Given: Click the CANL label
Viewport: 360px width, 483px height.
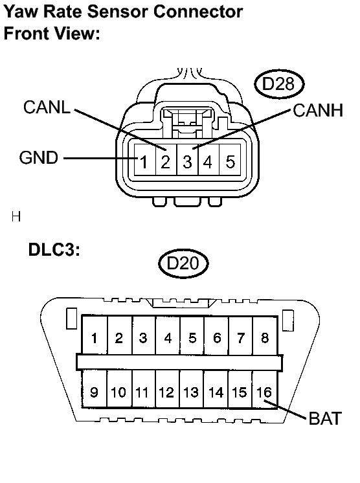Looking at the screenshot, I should point(47,107).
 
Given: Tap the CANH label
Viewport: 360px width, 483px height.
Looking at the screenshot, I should point(317,110).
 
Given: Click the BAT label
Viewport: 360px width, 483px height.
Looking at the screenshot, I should point(325,418).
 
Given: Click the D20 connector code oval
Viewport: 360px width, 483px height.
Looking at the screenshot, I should point(184,263).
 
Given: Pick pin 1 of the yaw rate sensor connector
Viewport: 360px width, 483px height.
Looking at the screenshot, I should point(146,161).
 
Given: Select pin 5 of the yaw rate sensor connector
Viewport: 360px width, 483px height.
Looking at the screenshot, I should point(230,161).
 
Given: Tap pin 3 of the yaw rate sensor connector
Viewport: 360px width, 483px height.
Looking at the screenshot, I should point(187,161).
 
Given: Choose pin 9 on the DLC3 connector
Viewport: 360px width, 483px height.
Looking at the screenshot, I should point(95,392).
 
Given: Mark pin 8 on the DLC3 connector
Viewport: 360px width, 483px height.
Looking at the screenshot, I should point(265,337).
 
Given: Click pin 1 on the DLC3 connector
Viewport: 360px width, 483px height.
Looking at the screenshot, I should point(95,337).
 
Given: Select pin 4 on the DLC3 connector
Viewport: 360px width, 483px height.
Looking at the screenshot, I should point(168,337).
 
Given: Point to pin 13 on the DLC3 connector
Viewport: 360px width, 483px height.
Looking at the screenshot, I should point(191,392).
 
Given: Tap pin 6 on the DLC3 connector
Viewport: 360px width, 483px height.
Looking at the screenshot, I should point(217,337).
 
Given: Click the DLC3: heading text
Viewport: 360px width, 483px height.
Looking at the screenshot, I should point(54,250).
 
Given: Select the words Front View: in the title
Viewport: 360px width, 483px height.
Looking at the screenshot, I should point(52,33).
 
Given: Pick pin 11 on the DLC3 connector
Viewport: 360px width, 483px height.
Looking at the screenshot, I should point(142,392).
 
